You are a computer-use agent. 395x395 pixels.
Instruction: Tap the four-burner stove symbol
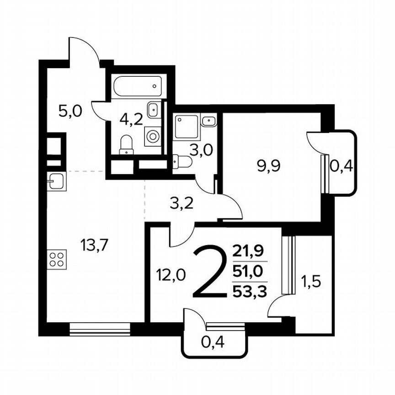tap(57, 259)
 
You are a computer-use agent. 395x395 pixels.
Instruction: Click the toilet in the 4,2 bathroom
tap(125, 146)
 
